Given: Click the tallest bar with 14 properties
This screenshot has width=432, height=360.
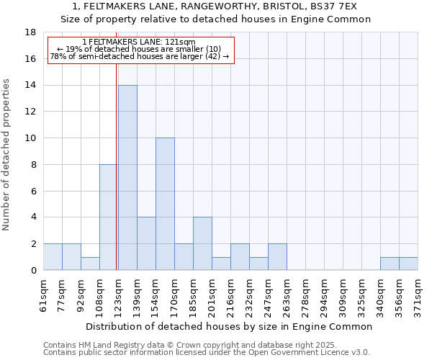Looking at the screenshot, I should pos(127,178).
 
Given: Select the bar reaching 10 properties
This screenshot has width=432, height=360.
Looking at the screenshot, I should pos(165,204).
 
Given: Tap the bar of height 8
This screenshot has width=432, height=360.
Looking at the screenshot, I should pos(109,217).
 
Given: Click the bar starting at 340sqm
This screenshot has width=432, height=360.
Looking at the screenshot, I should pos(390,264).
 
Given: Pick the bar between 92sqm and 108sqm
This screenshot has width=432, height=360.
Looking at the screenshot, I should pos(90,264).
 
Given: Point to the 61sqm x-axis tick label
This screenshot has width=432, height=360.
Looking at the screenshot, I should pos(44,293).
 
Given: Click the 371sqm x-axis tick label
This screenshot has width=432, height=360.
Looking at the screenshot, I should pos(418,293).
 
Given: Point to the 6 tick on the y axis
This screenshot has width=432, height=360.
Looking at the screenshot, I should pos(33,191).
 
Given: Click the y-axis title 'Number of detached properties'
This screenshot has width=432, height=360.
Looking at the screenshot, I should pos(7,151).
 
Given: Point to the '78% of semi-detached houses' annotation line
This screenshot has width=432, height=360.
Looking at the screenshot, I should pos(139,56).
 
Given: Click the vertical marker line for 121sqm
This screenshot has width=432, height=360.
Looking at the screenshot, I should pos(117,166).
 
